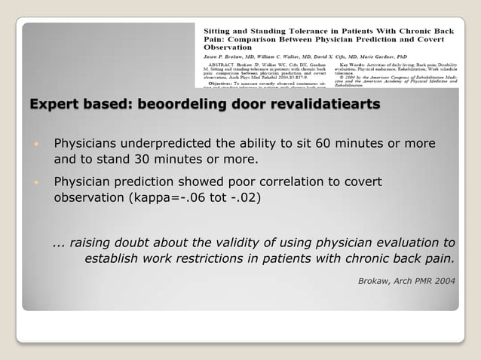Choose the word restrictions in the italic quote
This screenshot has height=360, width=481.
coord(219,259)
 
